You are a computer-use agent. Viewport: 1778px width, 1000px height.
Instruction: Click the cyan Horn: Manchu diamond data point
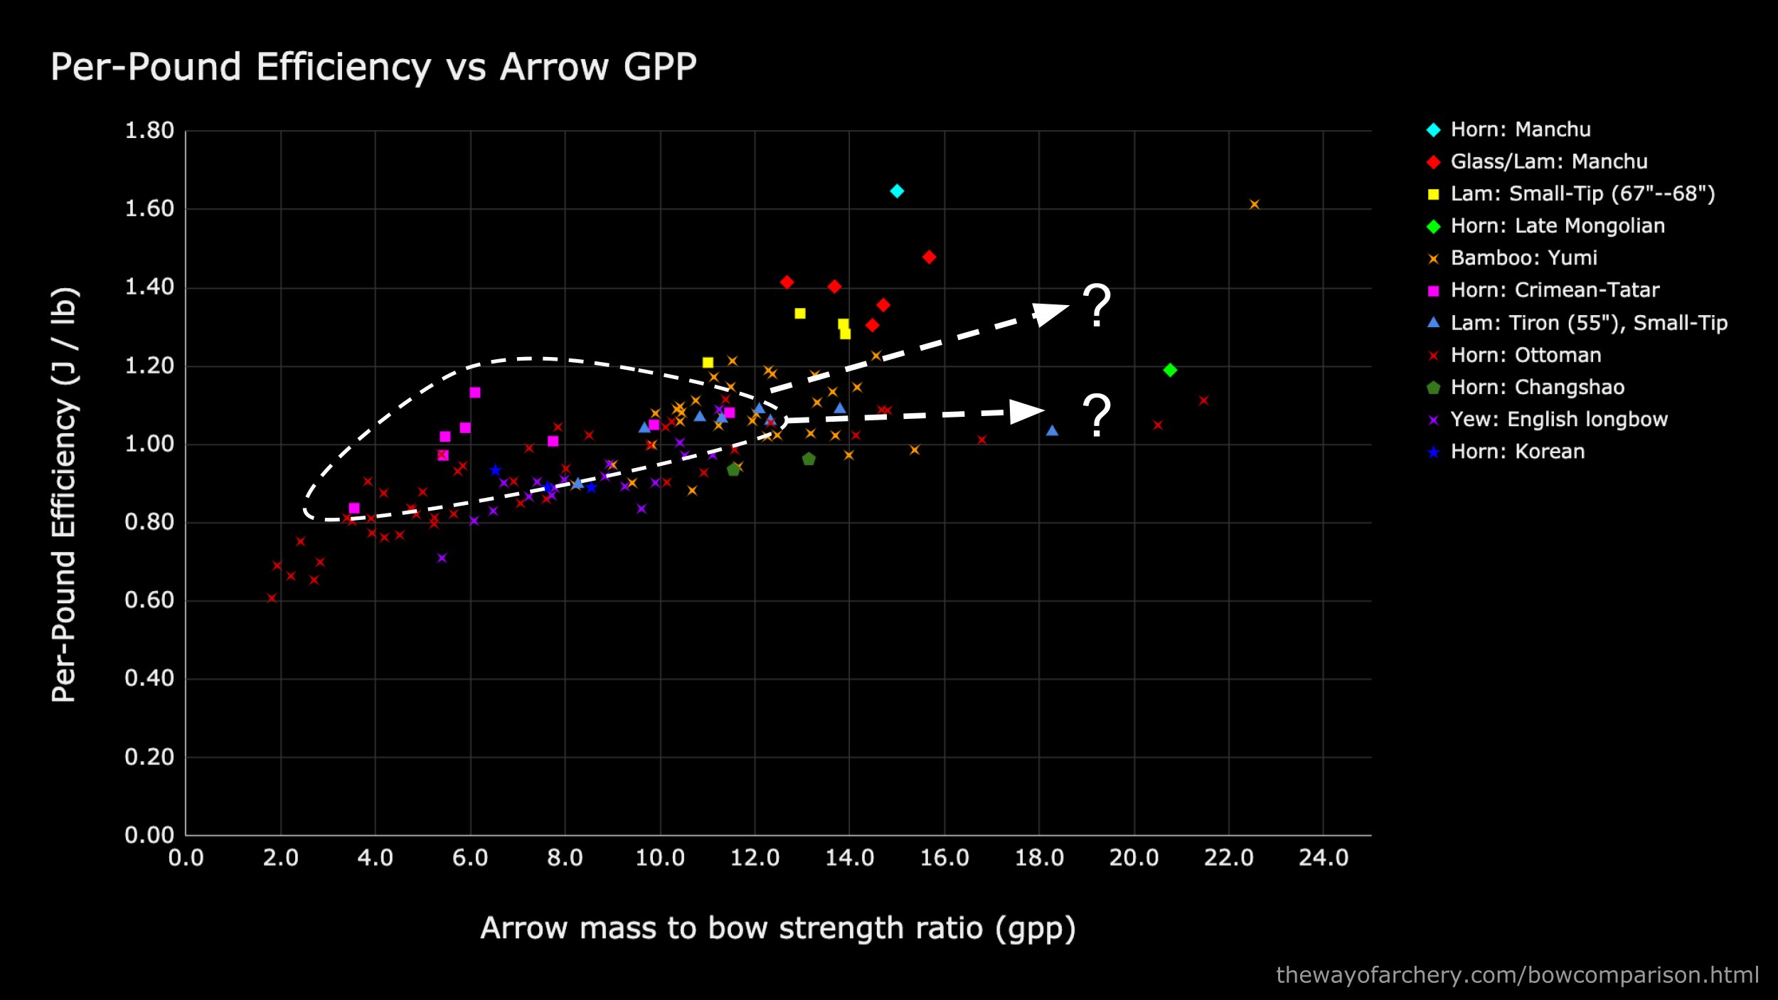[897, 191]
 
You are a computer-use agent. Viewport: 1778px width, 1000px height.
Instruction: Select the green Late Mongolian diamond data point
[1170, 370]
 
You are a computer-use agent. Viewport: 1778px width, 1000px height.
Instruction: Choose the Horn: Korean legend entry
[1516, 452]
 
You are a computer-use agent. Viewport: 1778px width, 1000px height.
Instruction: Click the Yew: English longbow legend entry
[1558, 420]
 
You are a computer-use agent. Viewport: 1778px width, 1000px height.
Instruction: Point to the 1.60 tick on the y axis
[149, 209]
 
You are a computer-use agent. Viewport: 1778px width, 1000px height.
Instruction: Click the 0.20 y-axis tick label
[149, 757]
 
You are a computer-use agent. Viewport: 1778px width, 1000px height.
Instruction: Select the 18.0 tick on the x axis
[1039, 858]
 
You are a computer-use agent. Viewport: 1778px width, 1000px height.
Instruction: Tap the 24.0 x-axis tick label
[1323, 858]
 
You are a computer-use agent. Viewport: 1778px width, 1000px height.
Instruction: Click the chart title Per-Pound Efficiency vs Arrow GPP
[373, 68]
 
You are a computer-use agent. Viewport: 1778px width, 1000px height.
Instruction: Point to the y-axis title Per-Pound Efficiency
[64, 494]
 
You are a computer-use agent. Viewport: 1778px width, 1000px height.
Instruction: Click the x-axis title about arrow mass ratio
[777, 929]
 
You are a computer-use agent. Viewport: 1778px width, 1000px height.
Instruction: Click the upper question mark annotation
[1096, 306]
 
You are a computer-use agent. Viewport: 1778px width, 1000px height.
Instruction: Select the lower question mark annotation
[1096, 415]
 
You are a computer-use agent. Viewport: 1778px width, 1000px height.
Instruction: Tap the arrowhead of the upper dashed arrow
[1050, 313]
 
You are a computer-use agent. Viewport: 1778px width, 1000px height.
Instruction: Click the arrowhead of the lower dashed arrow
[1026, 411]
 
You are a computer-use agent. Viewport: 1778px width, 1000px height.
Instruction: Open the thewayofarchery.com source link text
[1517, 975]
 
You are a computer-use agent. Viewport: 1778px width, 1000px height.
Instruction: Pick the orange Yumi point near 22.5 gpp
[1255, 205]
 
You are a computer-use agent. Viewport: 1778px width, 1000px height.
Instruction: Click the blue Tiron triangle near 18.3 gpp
[1053, 430]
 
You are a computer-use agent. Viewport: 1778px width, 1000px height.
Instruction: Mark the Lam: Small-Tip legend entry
[1582, 194]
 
